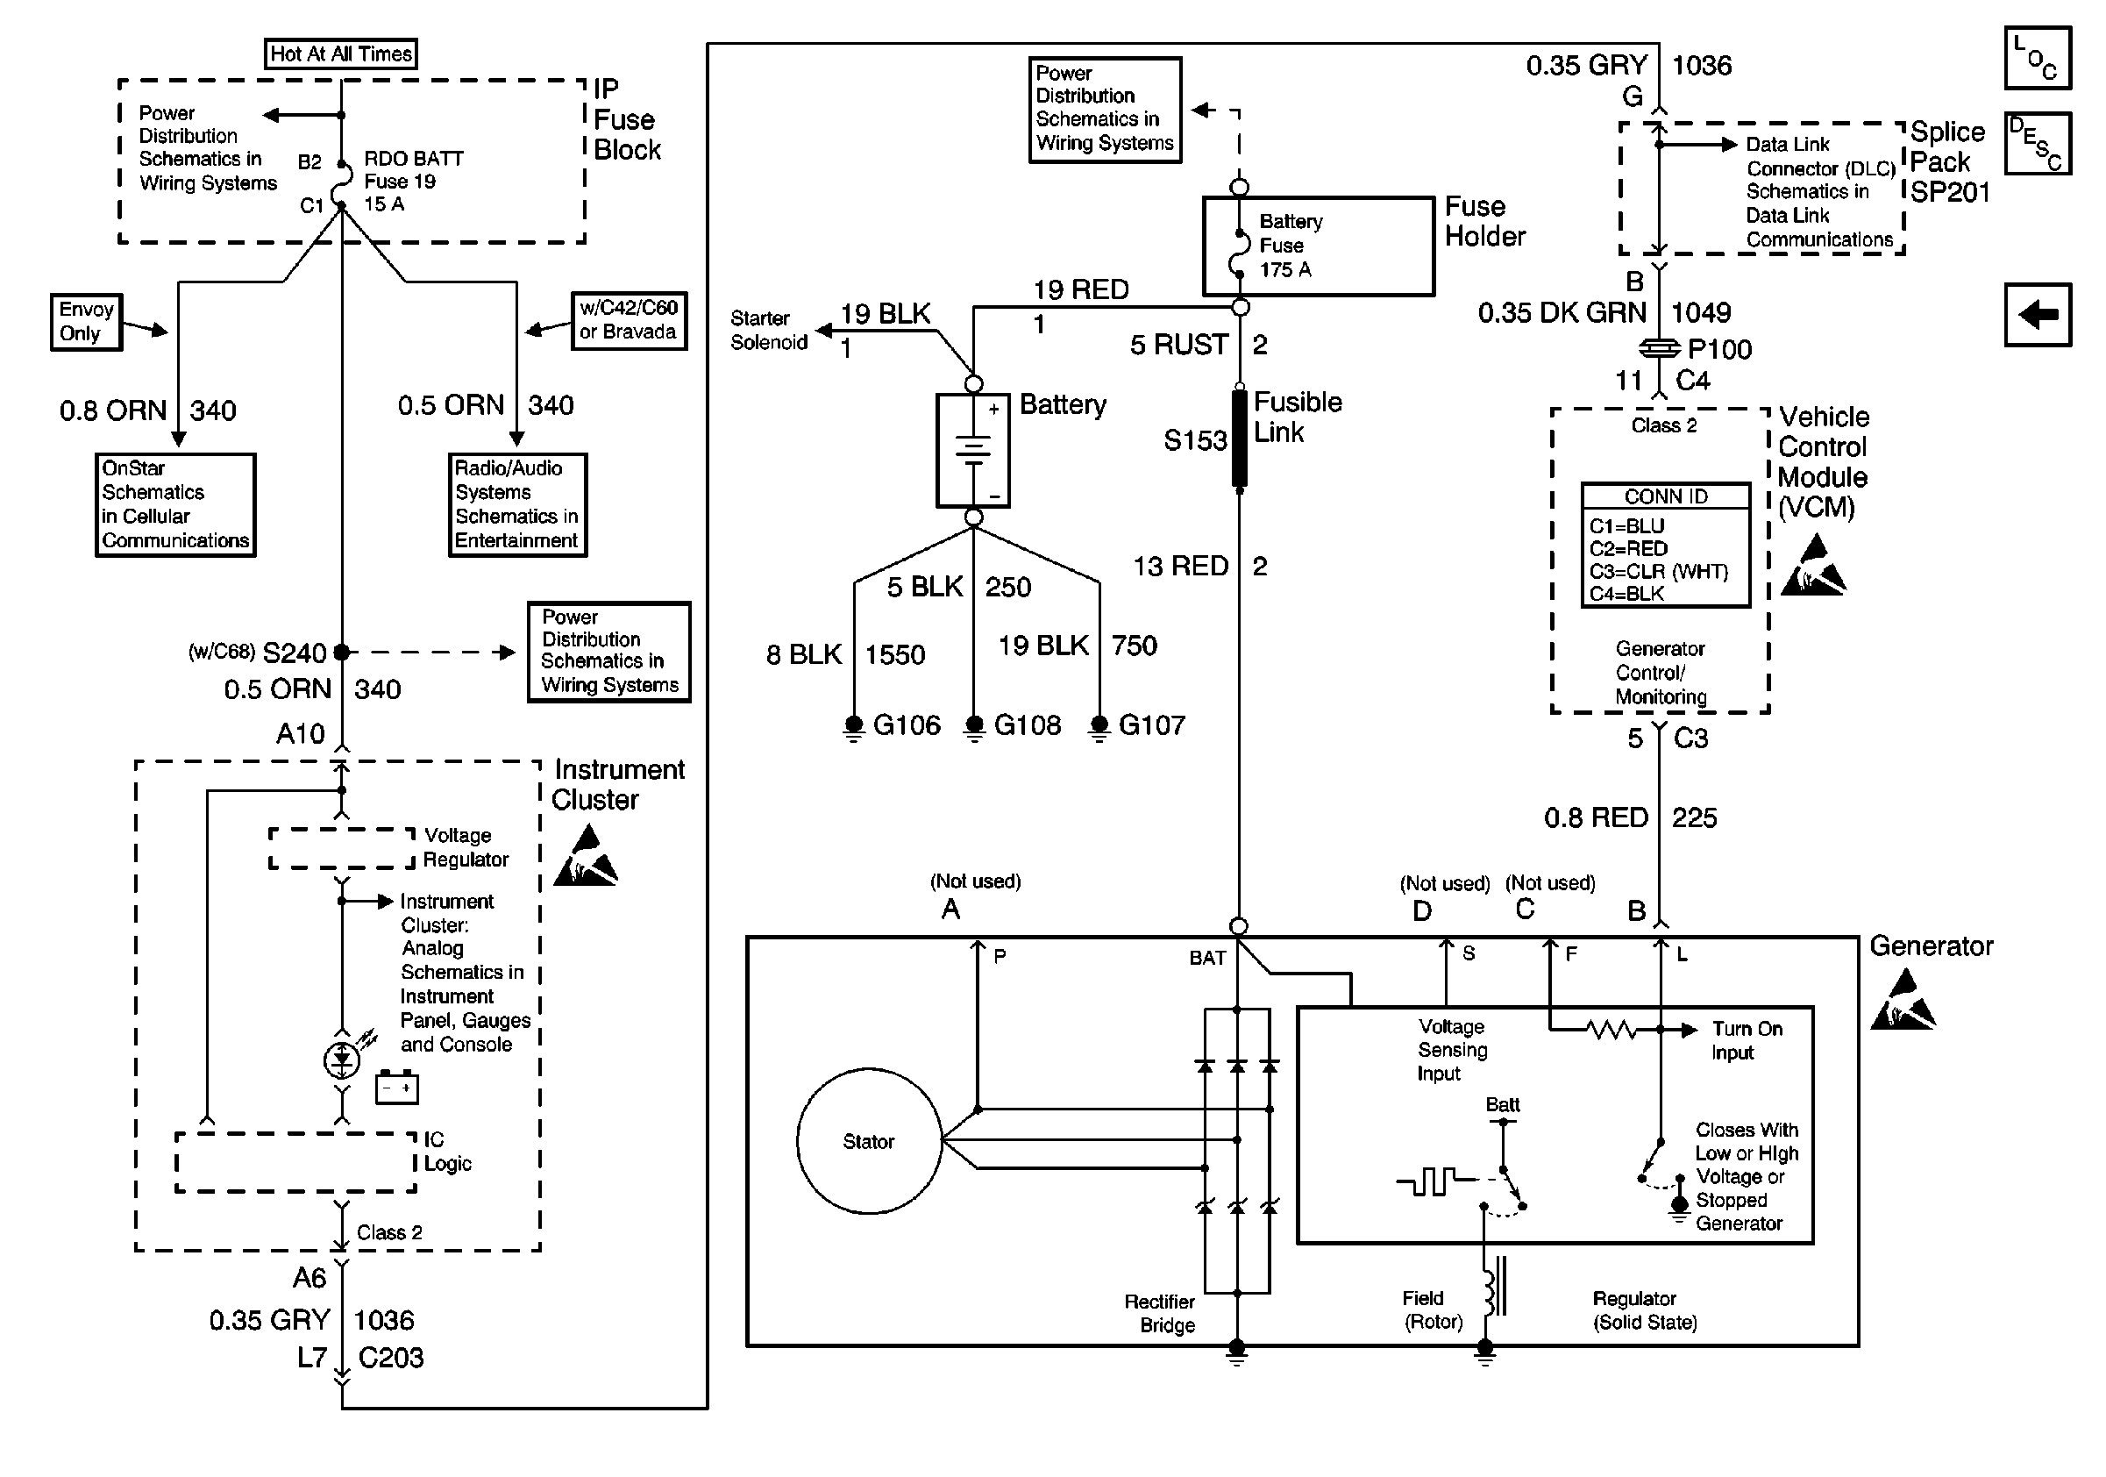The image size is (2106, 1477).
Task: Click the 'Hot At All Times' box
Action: [x=340, y=54]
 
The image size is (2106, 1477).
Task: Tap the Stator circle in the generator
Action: [x=869, y=1141]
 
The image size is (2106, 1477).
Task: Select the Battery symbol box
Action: [x=973, y=451]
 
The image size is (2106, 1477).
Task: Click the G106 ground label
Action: [x=907, y=725]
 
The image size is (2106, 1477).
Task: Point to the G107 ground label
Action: [x=1151, y=725]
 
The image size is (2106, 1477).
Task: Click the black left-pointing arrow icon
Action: [x=2038, y=315]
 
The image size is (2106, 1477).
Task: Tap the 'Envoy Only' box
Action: [x=86, y=322]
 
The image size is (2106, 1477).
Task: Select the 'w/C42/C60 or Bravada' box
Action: [x=629, y=320]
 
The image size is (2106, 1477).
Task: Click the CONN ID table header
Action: [x=1666, y=496]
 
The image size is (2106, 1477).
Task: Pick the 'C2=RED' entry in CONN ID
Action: [x=1628, y=548]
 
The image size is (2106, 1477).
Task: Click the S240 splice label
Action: [x=294, y=653]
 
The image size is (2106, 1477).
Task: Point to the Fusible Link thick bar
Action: [x=1239, y=439]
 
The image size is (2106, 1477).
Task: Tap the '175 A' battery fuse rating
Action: [x=1285, y=270]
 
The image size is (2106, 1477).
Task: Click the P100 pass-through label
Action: [x=1719, y=350]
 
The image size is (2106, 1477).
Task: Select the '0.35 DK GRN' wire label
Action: [x=1562, y=313]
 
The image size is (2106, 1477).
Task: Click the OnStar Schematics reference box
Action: [x=175, y=504]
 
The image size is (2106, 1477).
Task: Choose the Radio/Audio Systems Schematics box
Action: [x=517, y=504]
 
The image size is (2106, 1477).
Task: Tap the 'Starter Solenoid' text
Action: [x=769, y=331]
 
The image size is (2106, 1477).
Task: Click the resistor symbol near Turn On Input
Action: [x=1611, y=1031]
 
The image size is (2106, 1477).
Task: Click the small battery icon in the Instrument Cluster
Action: [x=396, y=1088]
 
